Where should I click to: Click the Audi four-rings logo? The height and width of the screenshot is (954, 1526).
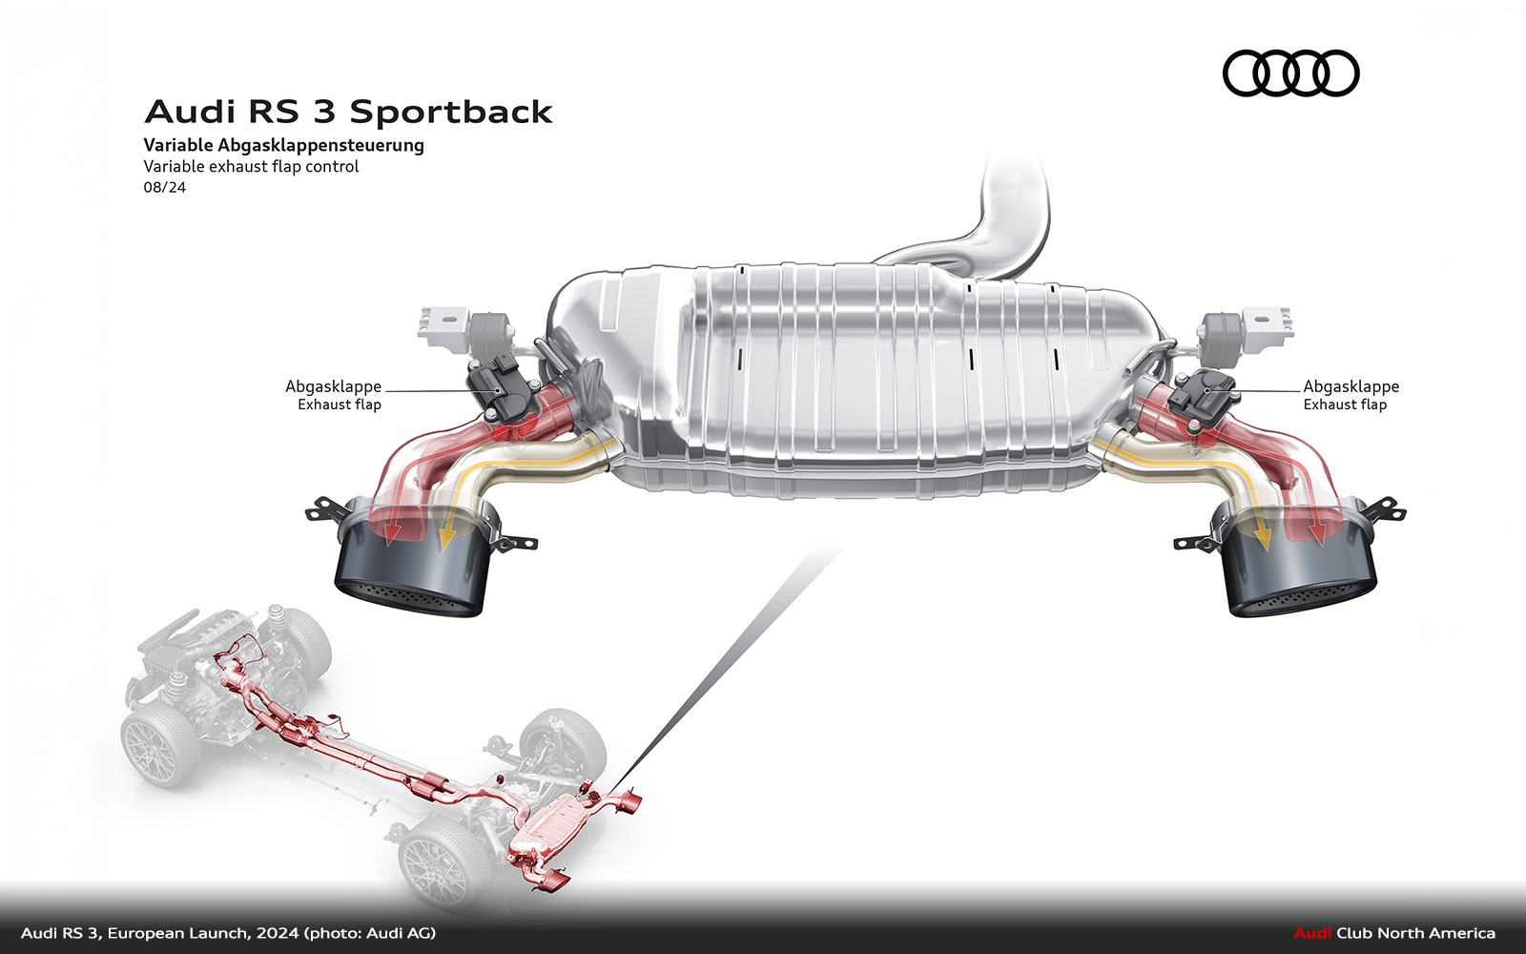pyautogui.click(x=1290, y=73)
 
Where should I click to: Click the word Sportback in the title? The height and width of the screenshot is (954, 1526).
pyautogui.click(x=450, y=113)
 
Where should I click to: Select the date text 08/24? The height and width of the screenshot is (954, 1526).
pyautogui.click(x=165, y=187)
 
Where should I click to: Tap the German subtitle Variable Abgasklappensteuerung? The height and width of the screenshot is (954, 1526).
pyautogui.click(x=283, y=145)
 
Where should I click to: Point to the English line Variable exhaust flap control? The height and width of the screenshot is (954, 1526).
pyautogui.click(x=251, y=166)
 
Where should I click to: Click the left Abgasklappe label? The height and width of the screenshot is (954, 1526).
pyautogui.click(x=333, y=386)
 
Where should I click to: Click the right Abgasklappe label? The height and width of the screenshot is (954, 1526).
pyautogui.click(x=1351, y=386)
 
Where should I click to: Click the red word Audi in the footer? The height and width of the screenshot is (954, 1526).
pyautogui.click(x=1311, y=933)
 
